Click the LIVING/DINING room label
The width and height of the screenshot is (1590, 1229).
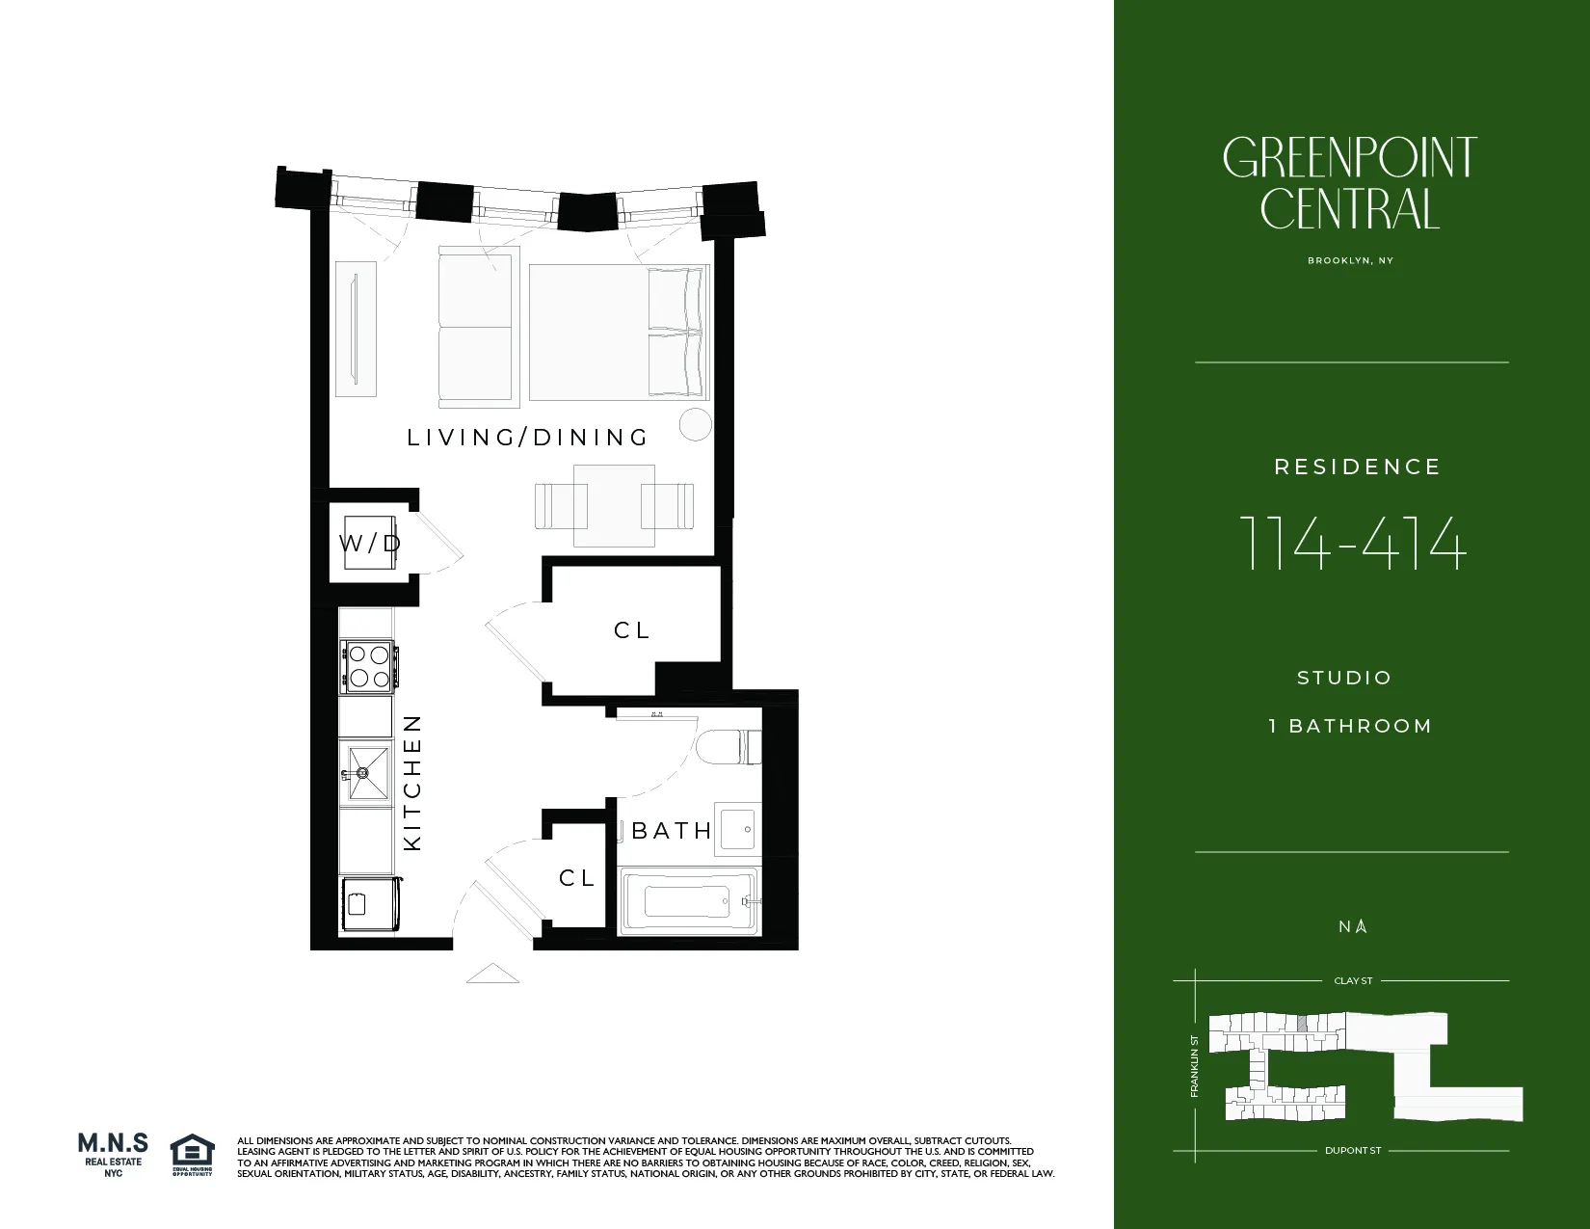pyautogui.click(x=527, y=438)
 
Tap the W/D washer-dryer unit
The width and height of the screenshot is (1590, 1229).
pyautogui.click(x=370, y=544)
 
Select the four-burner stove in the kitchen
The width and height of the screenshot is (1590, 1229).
pyautogui.click(x=367, y=666)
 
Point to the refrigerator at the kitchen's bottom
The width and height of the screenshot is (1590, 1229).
pyautogui.click(x=368, y=905)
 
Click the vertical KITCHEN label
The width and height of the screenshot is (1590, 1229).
pyautogui.click(x=412, y=782)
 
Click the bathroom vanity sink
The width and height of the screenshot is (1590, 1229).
pyautogui.click(x=737, y=828)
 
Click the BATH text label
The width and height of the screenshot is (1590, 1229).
pyautogui.click(x=672, y=830)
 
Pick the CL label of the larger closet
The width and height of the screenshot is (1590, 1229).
pyautogui.click(x=632, y=630)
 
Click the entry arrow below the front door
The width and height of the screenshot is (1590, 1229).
pyautogui.click(x=492, y=975)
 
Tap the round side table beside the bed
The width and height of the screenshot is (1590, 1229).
pyautogui.click(x=695, y=424)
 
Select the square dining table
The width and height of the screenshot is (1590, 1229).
pyautogui.click(x=614, y=505)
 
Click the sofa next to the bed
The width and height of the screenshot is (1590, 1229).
pyautogui.click(x=476, y=328)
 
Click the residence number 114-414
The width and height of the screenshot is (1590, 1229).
pyautogui.click(x=1352, y=544)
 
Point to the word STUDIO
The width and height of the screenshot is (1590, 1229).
pyautogui.click(x=1344, y=678)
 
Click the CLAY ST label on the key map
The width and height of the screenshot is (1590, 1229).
pyautogui.click(x=1353, y=980)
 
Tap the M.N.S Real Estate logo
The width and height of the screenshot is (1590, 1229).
pyautogui.click(x=113, y=1154)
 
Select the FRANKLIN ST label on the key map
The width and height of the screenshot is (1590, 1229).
pyautogui.click(x=1195, y=1066)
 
